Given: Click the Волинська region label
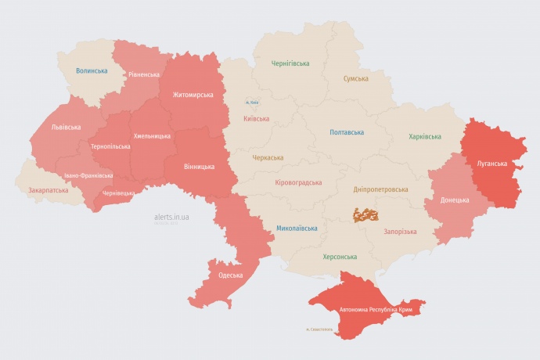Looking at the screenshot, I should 92,70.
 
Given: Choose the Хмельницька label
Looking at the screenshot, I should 152,136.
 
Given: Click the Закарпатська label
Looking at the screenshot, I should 48,190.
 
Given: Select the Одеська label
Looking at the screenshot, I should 230,275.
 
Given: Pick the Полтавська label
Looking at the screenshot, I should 347,132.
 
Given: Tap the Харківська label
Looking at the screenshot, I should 424,136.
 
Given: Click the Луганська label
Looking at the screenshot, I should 491,164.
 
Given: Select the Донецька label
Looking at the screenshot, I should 455,200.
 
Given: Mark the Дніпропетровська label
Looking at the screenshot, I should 380,189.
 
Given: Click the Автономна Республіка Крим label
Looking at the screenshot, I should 376,310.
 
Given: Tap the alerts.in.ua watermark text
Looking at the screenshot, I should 171,217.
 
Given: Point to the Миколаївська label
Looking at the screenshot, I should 297,229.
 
